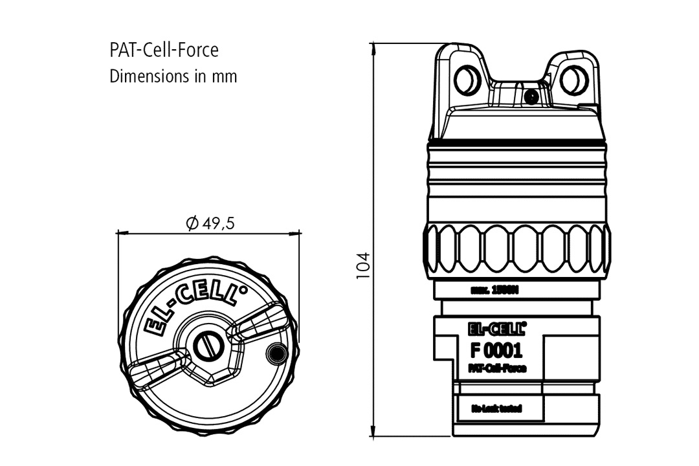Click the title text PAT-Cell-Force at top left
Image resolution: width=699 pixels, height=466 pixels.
coord(164,50)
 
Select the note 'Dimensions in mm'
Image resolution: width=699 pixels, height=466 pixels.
coord(173,76)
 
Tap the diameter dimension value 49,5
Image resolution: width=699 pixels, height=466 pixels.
coord(210,224)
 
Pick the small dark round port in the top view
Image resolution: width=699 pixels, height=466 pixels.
coord(276,353)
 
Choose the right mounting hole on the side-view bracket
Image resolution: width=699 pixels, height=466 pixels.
coord(571,80)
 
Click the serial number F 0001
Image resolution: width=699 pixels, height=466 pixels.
coord(496,351)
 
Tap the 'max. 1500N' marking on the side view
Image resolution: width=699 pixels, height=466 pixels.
coord(495,290)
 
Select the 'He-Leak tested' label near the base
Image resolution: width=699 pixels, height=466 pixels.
coord(496,408)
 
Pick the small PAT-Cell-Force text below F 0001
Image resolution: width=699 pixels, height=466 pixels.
coord(496,368)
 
